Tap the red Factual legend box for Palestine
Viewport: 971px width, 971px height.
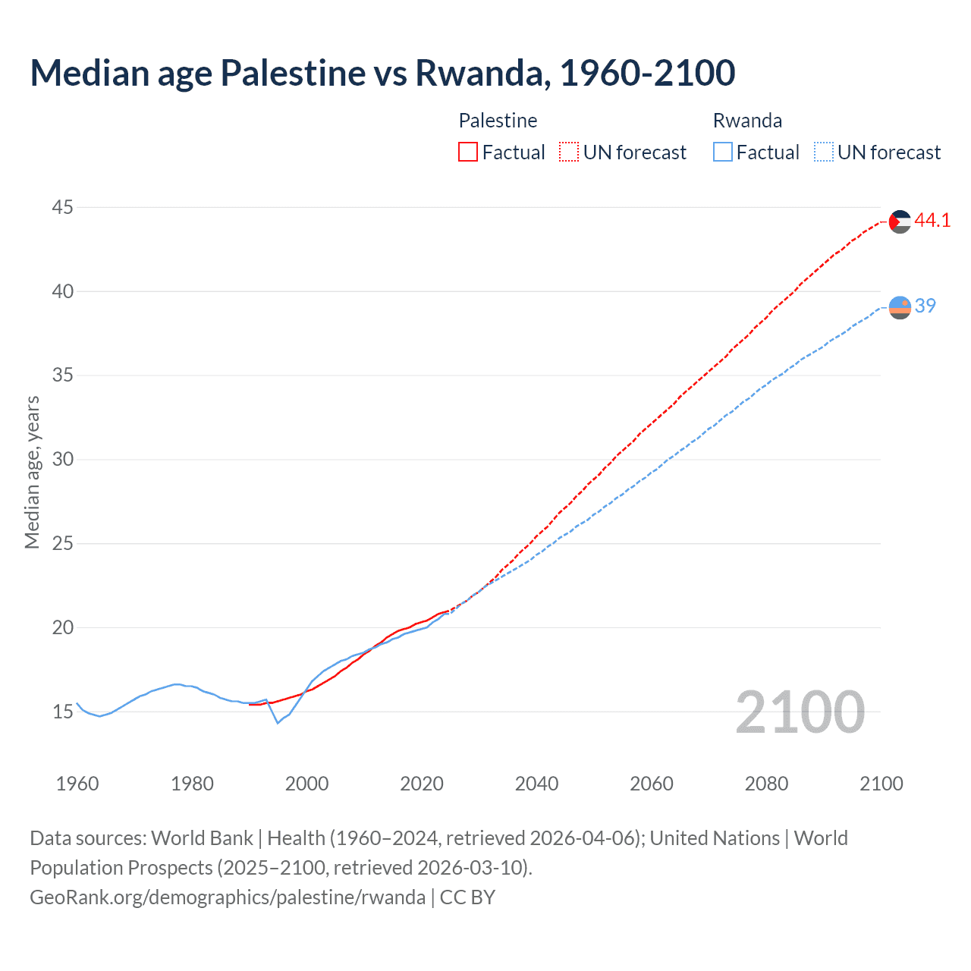468,152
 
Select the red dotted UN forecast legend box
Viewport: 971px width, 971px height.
569,152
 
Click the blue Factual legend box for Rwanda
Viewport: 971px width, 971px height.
723,152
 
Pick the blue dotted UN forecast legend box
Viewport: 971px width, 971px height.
823,152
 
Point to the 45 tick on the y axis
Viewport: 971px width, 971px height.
63,207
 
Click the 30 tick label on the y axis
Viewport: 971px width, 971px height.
63,459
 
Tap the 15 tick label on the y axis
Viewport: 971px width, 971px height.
63,712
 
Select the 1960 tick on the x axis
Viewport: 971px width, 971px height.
77,784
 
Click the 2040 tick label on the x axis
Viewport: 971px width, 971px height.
536,784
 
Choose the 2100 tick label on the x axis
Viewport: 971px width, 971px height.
881,784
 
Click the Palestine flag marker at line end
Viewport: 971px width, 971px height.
900,222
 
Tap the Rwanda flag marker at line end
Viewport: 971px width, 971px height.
900,307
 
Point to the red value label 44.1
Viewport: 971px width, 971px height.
932,221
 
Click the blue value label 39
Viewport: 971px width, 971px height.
925,306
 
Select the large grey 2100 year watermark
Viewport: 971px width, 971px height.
800,712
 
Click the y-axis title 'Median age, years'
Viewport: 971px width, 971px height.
32,472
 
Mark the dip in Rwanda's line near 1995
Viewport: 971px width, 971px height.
278,722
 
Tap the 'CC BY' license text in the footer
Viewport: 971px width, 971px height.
467,897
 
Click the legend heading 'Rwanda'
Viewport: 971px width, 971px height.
747,121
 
